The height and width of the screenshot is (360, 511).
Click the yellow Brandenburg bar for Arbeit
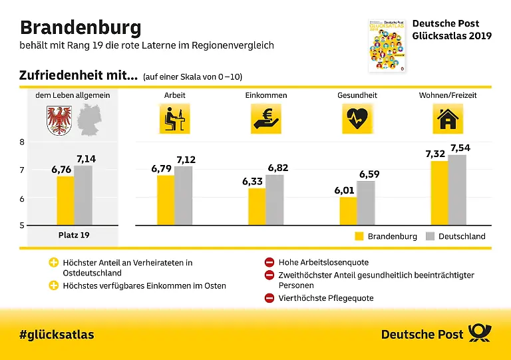tap(166, 200)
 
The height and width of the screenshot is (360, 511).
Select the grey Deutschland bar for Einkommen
tap(274, 200)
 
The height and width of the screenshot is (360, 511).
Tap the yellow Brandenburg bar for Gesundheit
tap(349, 211)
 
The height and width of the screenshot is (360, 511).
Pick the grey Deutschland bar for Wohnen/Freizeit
tap(457, 190)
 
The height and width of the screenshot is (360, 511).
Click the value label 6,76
tap(61, 170)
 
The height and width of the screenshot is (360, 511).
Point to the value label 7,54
tap(460, 148)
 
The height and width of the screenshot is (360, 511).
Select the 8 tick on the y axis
tap(22, 142)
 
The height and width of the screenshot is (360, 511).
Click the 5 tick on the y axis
tap(22, 225)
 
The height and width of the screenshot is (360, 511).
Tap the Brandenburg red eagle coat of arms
tap(59, 120)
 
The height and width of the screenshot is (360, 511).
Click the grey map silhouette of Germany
tap(89, 120)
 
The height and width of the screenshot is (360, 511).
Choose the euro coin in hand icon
tap(266, 118)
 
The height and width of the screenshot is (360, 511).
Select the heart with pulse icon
tap(357, 118)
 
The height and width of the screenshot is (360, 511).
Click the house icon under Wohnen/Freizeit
tap(448, 118)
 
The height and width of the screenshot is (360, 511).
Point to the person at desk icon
tap(175, 118)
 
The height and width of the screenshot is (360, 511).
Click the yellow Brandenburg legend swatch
tap(359, 236)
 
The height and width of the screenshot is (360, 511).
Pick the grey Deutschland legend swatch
tap(430, 236)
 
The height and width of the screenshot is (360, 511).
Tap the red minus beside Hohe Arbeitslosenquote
tap(269, 262)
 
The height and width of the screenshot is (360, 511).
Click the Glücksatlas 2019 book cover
tap(387, 45)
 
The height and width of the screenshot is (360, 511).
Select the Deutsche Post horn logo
tap(479, 333)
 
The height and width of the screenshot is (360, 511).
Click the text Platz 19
tap(74, 235)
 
